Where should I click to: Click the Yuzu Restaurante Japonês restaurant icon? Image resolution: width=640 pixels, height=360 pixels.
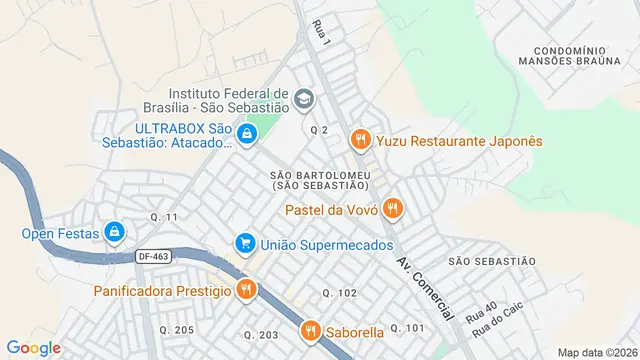[361, 141]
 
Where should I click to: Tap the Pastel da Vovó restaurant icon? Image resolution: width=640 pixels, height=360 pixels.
[394, 209]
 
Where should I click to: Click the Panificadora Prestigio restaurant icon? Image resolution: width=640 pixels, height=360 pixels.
[246, 291]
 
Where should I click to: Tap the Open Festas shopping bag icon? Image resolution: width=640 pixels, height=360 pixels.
[115, 233]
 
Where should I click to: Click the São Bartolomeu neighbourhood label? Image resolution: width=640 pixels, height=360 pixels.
[319, 180]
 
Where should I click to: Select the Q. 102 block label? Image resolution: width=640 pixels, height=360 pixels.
[339, 292]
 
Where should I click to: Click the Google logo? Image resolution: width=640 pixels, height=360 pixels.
[33, 347]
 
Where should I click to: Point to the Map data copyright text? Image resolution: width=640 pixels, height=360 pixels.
[597, 352]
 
